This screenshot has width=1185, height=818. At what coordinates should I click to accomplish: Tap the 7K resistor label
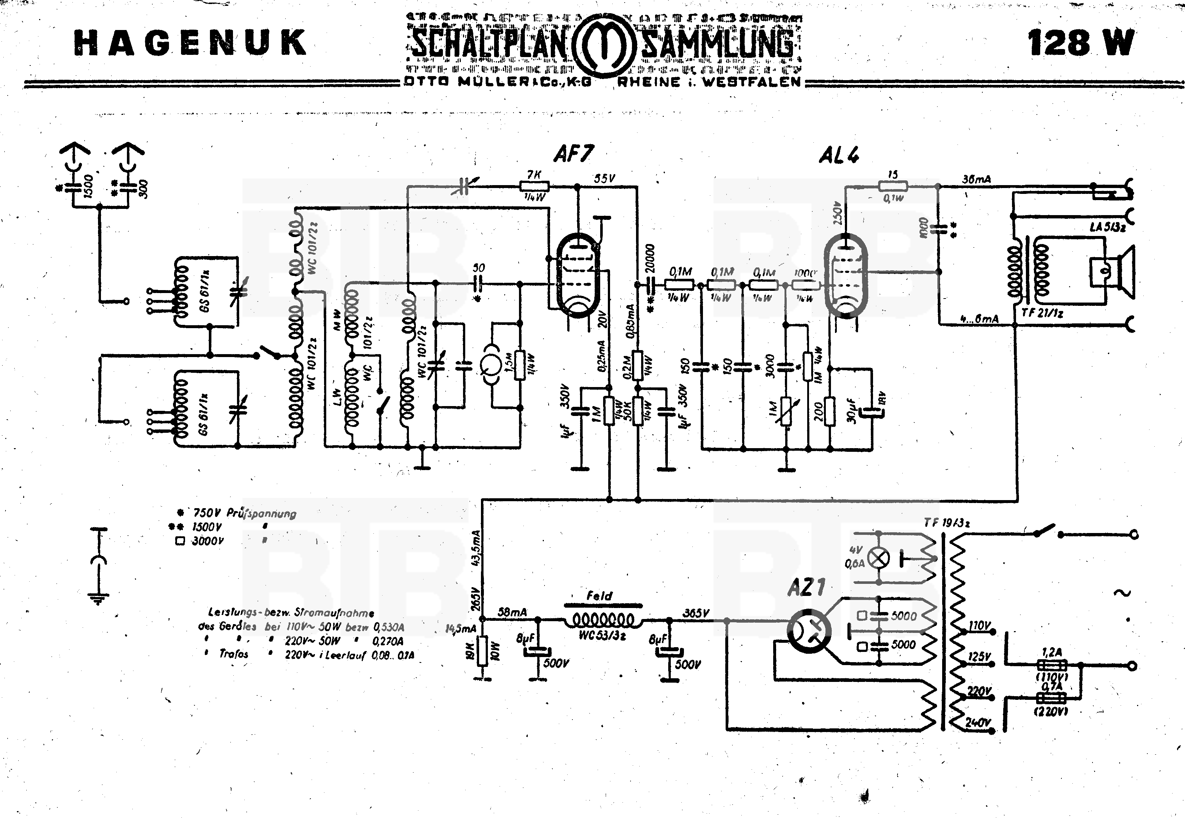pos(534,175)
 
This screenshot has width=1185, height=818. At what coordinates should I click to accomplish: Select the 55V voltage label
pos(605,179)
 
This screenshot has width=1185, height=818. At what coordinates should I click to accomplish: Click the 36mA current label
pos(976,179)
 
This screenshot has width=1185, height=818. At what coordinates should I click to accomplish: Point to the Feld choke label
pos(599,596)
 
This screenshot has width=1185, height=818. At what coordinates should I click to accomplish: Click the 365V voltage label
pos(696,613)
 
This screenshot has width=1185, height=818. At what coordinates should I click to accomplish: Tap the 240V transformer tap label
pos(978,722)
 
